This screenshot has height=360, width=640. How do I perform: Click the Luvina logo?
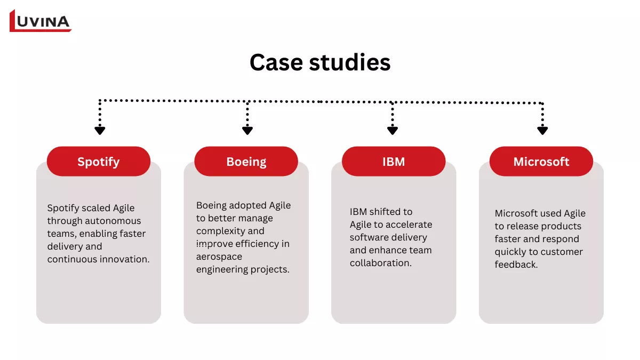(41, 21)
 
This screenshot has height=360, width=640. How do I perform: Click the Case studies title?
(320, 62)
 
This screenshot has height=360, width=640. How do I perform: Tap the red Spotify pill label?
(99, 162)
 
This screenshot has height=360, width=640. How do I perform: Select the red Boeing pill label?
(246, 162)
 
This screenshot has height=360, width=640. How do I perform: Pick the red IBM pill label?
(394, 162)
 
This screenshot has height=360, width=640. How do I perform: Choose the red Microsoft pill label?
(541, 162)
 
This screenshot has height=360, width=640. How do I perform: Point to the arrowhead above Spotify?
(100, 130)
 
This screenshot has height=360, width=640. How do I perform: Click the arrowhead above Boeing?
(247, 130)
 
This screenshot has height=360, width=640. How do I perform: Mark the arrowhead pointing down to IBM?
(393, 130)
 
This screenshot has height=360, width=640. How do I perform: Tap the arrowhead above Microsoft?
(542, 130)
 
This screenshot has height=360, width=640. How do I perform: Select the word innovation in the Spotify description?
(125, 259)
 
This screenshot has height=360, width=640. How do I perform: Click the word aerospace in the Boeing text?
(219, 257)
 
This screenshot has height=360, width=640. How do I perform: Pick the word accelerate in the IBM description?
(409, 225)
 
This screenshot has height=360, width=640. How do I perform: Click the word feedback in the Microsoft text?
(516, 265)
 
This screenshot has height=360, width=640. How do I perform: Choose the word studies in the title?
(350, 62)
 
